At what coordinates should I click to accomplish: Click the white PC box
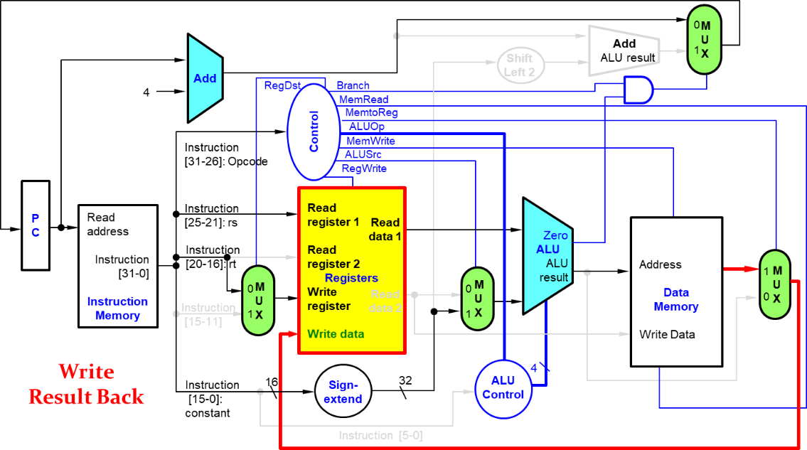click(x=36, y=225)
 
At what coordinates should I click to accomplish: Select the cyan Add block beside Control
click(x=204, y=78)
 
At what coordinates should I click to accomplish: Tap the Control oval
click(x=314, y=132)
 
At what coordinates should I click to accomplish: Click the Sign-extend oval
click(x=343, y=392)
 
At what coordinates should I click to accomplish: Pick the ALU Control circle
click(x=503, y=388)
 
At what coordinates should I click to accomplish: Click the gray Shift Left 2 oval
click(x=520, y=65)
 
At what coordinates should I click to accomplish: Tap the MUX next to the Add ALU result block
click(x=704, y=41)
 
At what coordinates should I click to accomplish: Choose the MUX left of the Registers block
click(x=258, y=301)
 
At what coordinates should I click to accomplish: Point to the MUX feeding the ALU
click(x=477, y=299)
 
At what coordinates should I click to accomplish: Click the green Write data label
click(x=336, y=334)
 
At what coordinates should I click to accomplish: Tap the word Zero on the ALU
click(x=555, y=235)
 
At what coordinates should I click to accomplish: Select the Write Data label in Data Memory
click(x=667, y=334)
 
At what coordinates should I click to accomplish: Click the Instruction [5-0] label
click(x=380, y=436)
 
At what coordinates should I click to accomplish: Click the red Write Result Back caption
click(x=86, y=385)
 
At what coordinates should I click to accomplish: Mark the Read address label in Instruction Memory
click(x=108, y=225)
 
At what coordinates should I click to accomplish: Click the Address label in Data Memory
click(x=660, y=264)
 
